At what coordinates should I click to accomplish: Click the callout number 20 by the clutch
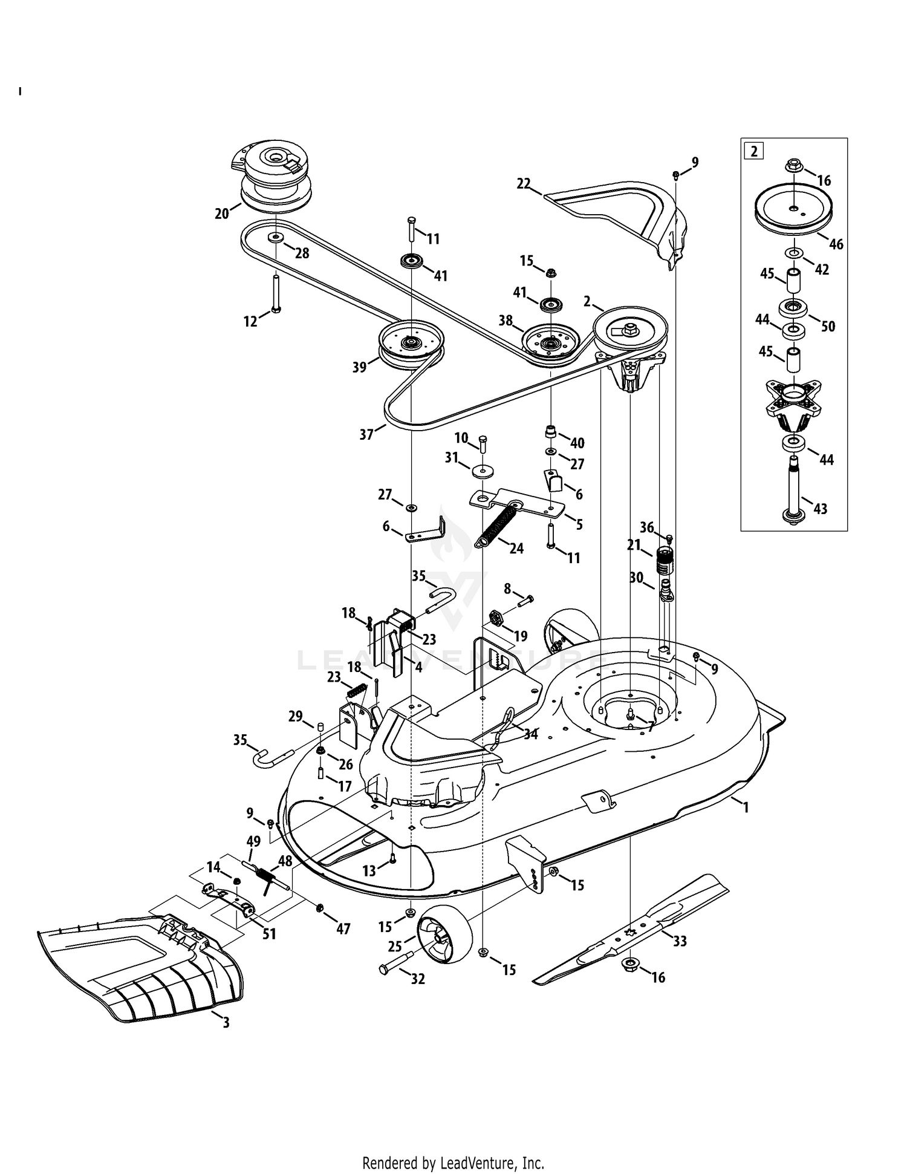pyautogui.click(x=222, y=213)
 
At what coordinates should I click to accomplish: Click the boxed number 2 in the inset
pyautogui.click(x=754, y=151)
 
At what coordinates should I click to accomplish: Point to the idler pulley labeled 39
pyautogui.click(x=411, y=345)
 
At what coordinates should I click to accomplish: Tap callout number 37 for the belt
pyautogui.click(x=366, y=434)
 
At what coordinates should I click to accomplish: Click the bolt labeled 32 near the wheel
pyautogui.click(x=396, y=962)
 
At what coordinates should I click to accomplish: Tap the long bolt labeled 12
pyautogui.click(x=275, y=293)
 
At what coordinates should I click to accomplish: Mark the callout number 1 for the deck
pyautogui.click(x=746, y=807)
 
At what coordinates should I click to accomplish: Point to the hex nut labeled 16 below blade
pyautogui.click(x=629, y=963)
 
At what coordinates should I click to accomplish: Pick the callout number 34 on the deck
pyautogui.click(x=531, y=734)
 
